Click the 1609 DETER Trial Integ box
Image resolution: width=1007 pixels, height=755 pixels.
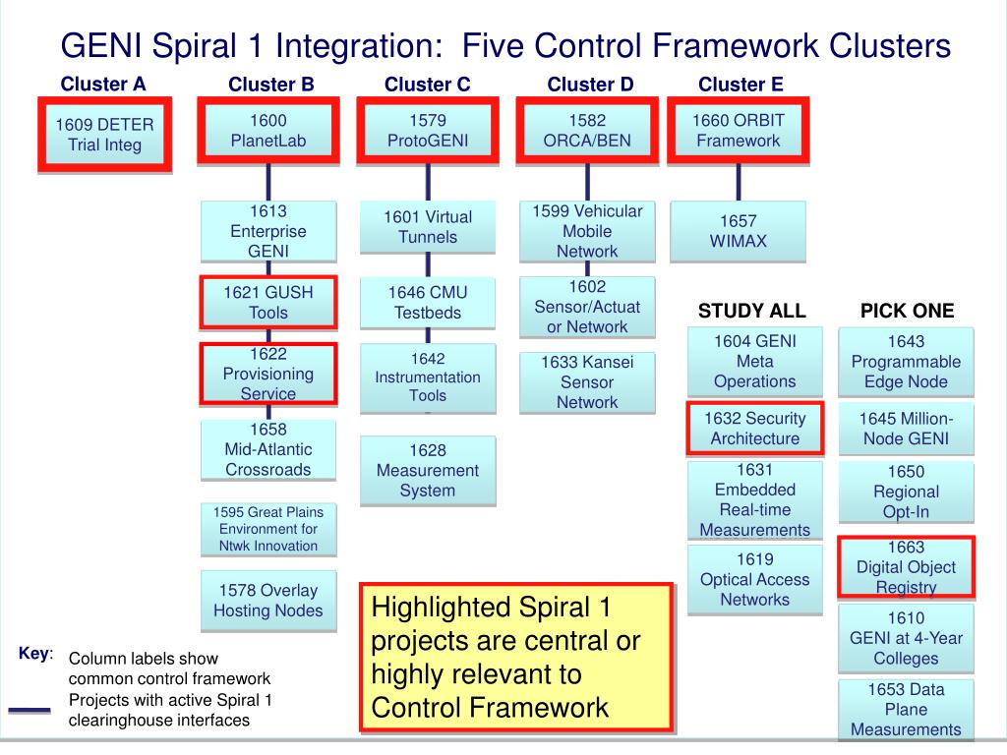(x=104, y=135)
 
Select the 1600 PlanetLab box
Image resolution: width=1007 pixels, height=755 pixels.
(x=267, y=130)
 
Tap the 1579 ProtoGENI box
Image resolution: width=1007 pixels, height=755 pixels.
(x=427, y=130)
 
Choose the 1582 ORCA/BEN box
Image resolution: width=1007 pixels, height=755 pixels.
(x=587, y=130)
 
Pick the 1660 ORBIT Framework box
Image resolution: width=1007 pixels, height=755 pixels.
(x=738, y=130)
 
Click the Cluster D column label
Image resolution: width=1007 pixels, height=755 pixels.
(x=590, y=85)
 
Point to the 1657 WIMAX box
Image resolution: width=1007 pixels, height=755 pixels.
(x=738, y=231)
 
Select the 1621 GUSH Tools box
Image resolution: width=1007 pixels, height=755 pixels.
(x=268, y=302)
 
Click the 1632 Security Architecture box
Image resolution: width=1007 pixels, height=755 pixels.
(x=755, y=429)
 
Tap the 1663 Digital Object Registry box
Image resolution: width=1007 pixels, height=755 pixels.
(x=906, y=567)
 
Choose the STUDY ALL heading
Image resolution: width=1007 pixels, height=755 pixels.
(x=751, y=311)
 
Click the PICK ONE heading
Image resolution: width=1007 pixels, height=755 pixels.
(x=907, y=311)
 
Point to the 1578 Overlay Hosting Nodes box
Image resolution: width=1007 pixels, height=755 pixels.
(x=268, y=600)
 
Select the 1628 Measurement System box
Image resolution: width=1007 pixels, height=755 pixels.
(x=427, y=470)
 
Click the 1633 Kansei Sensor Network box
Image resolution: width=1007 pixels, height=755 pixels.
(x=587, y=381)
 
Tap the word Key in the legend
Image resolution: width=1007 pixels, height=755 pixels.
(x=33, y=654)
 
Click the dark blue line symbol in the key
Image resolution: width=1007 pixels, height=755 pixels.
(x=29, y=710)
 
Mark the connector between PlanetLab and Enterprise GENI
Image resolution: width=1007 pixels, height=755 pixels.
(x=268, y=181)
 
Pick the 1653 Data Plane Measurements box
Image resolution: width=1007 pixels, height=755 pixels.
(x=906, y=709)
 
